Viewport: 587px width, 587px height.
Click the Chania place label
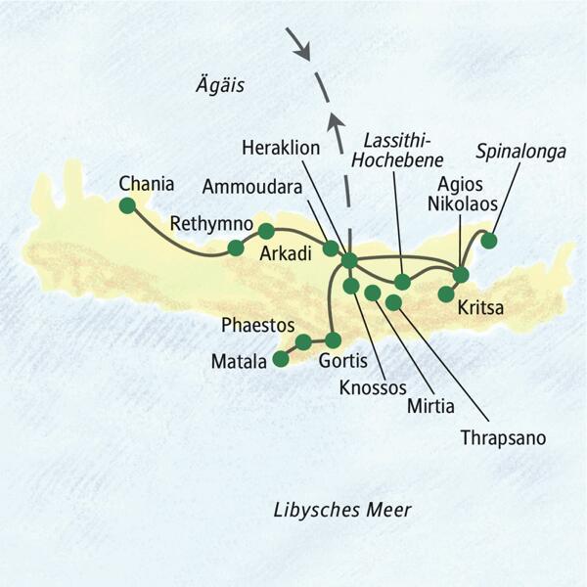(x=146, y=183)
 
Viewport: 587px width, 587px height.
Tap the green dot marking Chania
(x=126, y=205)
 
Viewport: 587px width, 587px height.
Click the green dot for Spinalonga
(x=488, y=240)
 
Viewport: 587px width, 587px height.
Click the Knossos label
(x=372, y=387)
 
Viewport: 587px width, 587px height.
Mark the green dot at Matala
(x=282, y=359)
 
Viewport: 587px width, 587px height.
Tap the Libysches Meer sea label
(x=341, y=510)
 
